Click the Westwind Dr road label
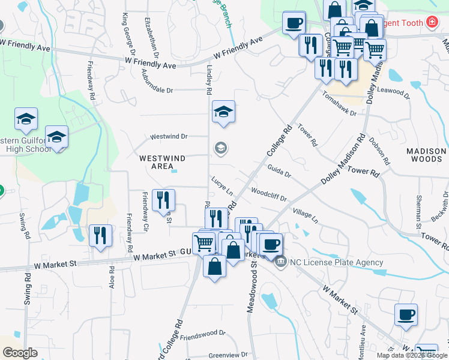[x=169, y=136]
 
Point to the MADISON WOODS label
[x=426, y=155]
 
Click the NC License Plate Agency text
[x=337, y=262]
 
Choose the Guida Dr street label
[x=279, y=171]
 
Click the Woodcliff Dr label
[x=268, y=194]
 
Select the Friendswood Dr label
[x=202, y=335]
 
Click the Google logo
[x=20, y=353]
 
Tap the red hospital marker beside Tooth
[x=430, y=22]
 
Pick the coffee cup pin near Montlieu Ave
[x=406, y=314]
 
